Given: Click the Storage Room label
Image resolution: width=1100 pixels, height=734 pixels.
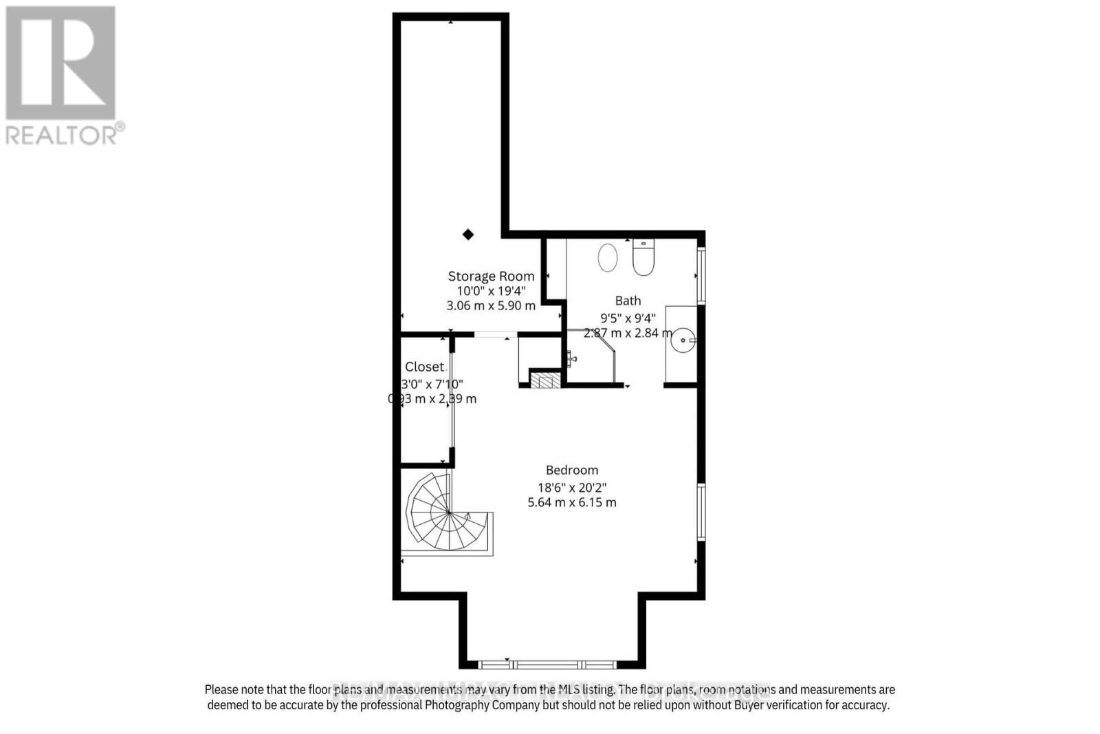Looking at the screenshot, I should (x=491, y=276).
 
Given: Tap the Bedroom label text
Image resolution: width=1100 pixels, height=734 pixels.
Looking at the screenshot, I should (x=572, y=470).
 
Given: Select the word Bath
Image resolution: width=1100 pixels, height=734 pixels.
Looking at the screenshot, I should (x=628, y=301).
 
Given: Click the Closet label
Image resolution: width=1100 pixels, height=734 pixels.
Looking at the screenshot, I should (x=424, y=367).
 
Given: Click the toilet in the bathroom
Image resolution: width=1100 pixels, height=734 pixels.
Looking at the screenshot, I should (x=643, y=257).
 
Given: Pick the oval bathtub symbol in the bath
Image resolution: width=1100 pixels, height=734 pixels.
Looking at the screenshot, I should (x=608, y=258).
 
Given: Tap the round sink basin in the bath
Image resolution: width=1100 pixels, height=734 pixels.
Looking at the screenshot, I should (x=683, y=339).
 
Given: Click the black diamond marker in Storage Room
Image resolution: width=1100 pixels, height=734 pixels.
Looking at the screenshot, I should (x=468, y=235).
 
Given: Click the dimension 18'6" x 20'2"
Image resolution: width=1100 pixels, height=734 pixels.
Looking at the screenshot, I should (x=572, y=487).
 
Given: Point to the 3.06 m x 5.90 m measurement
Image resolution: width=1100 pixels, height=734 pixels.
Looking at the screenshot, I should (x=491, y=305).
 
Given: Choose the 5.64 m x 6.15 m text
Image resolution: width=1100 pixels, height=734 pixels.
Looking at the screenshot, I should (x=572, y=502).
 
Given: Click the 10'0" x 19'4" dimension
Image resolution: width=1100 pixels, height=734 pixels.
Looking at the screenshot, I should (x=491, y=291).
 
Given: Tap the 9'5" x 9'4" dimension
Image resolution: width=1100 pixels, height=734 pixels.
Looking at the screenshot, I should (x=628, y=318).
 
